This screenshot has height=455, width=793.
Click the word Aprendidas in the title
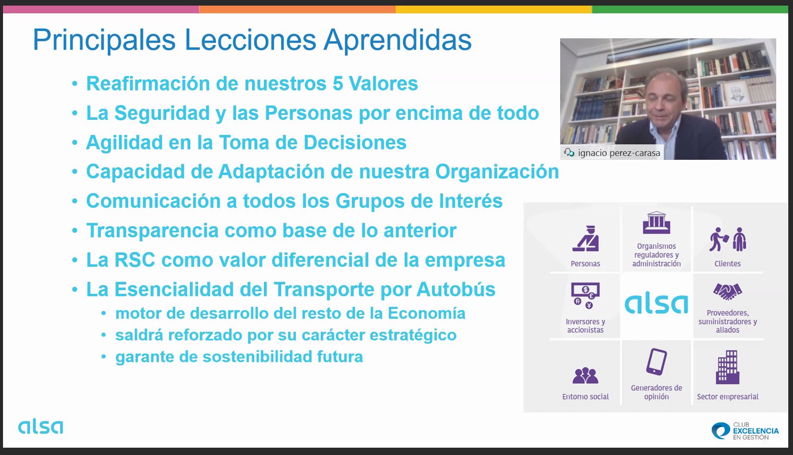397,40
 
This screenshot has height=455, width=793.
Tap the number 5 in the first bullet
338,84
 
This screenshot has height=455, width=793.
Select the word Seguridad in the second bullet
162,113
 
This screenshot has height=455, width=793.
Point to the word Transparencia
152,231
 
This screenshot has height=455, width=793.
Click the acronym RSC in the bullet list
135,260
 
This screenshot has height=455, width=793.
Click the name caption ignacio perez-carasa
619,153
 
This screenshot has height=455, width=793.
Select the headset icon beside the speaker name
569,153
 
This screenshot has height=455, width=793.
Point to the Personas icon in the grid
585,239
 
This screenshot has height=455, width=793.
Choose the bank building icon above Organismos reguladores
657,222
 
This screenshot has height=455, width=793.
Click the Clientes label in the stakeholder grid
728,264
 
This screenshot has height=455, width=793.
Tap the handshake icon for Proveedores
728,292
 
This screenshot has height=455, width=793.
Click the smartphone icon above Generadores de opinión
657,362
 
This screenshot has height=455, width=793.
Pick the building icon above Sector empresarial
728,367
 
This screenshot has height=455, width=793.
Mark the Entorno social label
585,397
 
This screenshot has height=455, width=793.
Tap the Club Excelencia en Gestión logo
745,431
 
